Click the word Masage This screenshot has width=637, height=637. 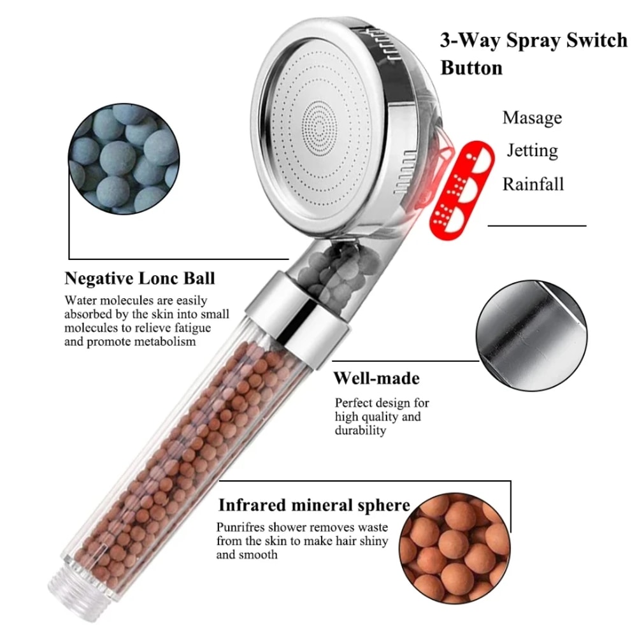[532, 118]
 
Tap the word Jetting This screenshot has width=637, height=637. [532, 151]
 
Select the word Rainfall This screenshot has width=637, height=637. [533, 184]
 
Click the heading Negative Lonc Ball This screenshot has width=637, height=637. [140, 278]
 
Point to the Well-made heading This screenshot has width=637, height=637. [376, 378]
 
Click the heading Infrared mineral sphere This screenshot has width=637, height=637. [314, 506]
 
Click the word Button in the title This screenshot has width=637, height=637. [471, 68]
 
